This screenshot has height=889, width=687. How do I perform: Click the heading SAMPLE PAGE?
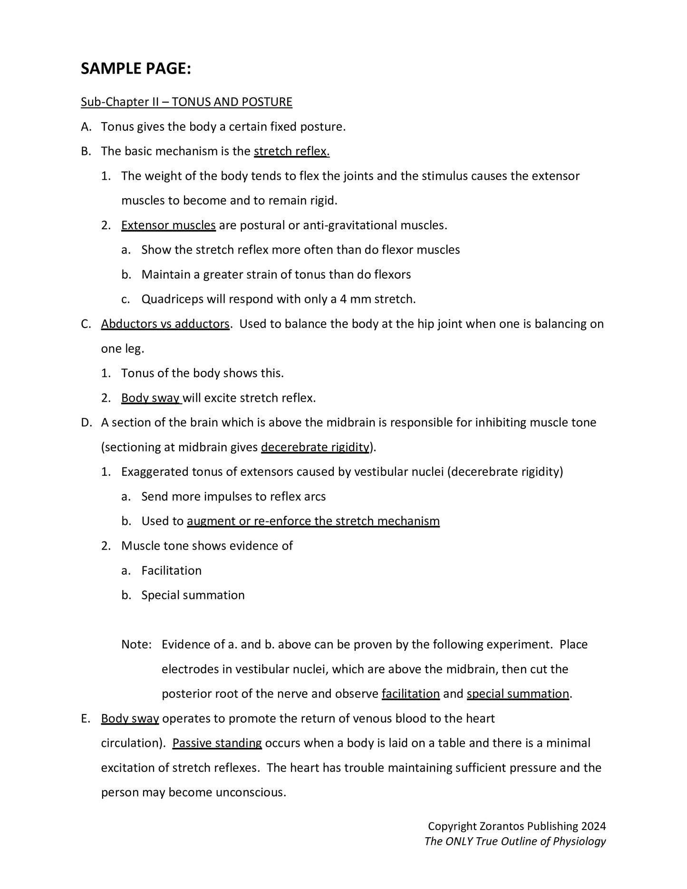[135, 69]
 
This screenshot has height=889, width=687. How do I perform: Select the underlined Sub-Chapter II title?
[186, 102]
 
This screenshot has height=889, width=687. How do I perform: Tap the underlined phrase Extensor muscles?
[168, 225]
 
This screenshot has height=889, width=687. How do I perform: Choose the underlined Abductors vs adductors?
[165, 324]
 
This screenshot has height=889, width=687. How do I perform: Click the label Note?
[136, 644]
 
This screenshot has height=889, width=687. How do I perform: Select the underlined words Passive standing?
[217, 743]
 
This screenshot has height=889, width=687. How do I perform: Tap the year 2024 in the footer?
[593, 826]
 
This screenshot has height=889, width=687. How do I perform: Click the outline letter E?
[85, 718]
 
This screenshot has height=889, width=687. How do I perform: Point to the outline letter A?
[85, 126]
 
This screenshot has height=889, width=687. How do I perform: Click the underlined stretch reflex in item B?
[291, 151]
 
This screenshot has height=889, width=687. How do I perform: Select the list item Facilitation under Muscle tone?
[171, 570]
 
